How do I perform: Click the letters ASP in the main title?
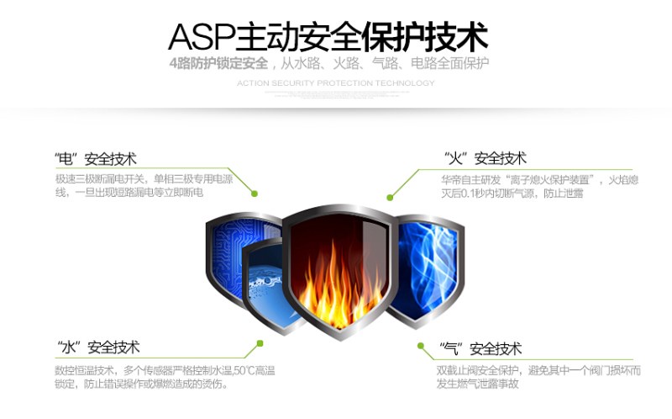pyautogui.click(x=202, y=37)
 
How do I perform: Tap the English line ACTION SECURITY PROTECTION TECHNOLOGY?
pyautogui.click(x=336, y=83)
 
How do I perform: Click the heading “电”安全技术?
pyautogui.click(x=95, y=159)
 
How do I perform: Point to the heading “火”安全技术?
pyautogui.click(x=485, y=158)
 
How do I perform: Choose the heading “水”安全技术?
pyautogui.click(x=98, y=347)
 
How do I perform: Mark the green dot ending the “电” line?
pyautogui.click(x=254, y=194)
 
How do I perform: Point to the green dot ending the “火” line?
pyautogui.click(x=391, y=196)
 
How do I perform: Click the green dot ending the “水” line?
pyautogui.click(x=260, y=343)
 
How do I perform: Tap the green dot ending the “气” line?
pyautogui.click(x=420, y=344)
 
